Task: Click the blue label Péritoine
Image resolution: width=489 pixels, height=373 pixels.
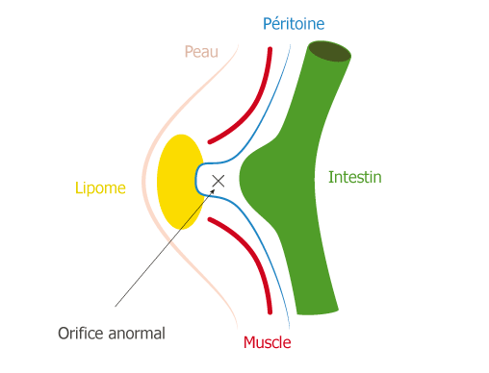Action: coord(294,24)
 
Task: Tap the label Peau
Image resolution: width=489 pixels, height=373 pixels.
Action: coord(201,52)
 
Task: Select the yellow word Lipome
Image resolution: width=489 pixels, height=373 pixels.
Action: coord(100,187)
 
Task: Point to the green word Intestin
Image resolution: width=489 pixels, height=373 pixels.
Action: coord(355,177)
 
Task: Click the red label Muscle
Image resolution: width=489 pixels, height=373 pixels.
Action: coord(268,342)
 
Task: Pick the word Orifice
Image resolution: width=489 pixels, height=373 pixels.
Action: coord(81,334)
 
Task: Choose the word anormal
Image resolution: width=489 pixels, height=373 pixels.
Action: coord(137,334)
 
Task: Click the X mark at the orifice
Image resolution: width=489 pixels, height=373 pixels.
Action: coord(219,181)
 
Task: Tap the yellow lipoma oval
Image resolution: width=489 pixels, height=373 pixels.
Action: coord(181,182)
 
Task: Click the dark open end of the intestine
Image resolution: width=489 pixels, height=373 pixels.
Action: coord(329,51)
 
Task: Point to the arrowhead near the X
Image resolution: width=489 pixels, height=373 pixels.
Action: coord(213,191)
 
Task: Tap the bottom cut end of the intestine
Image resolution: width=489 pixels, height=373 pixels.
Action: coord(318,311)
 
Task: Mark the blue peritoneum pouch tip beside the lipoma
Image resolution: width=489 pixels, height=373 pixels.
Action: coord(195,180)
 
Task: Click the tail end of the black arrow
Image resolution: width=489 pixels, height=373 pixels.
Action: coord(115,307)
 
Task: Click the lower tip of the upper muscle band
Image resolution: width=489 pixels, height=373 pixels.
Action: coord(210,141)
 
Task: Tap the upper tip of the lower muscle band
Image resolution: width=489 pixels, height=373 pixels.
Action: coord(210,219)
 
